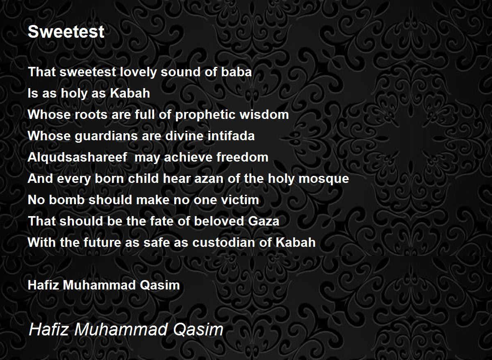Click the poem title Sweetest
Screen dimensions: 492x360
click(x=66, y=32)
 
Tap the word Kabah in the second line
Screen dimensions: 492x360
click(x=130, y=93)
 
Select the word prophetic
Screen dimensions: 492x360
click(x=205, y=115)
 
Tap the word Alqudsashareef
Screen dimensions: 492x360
click(x=77, y=157)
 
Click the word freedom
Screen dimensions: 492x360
click(x=242, y=157)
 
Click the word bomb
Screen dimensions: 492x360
click(x=67, y=200)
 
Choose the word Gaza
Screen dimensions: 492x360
click(x=264, y=221)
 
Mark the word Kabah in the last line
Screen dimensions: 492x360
click(x=296, y=242)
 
